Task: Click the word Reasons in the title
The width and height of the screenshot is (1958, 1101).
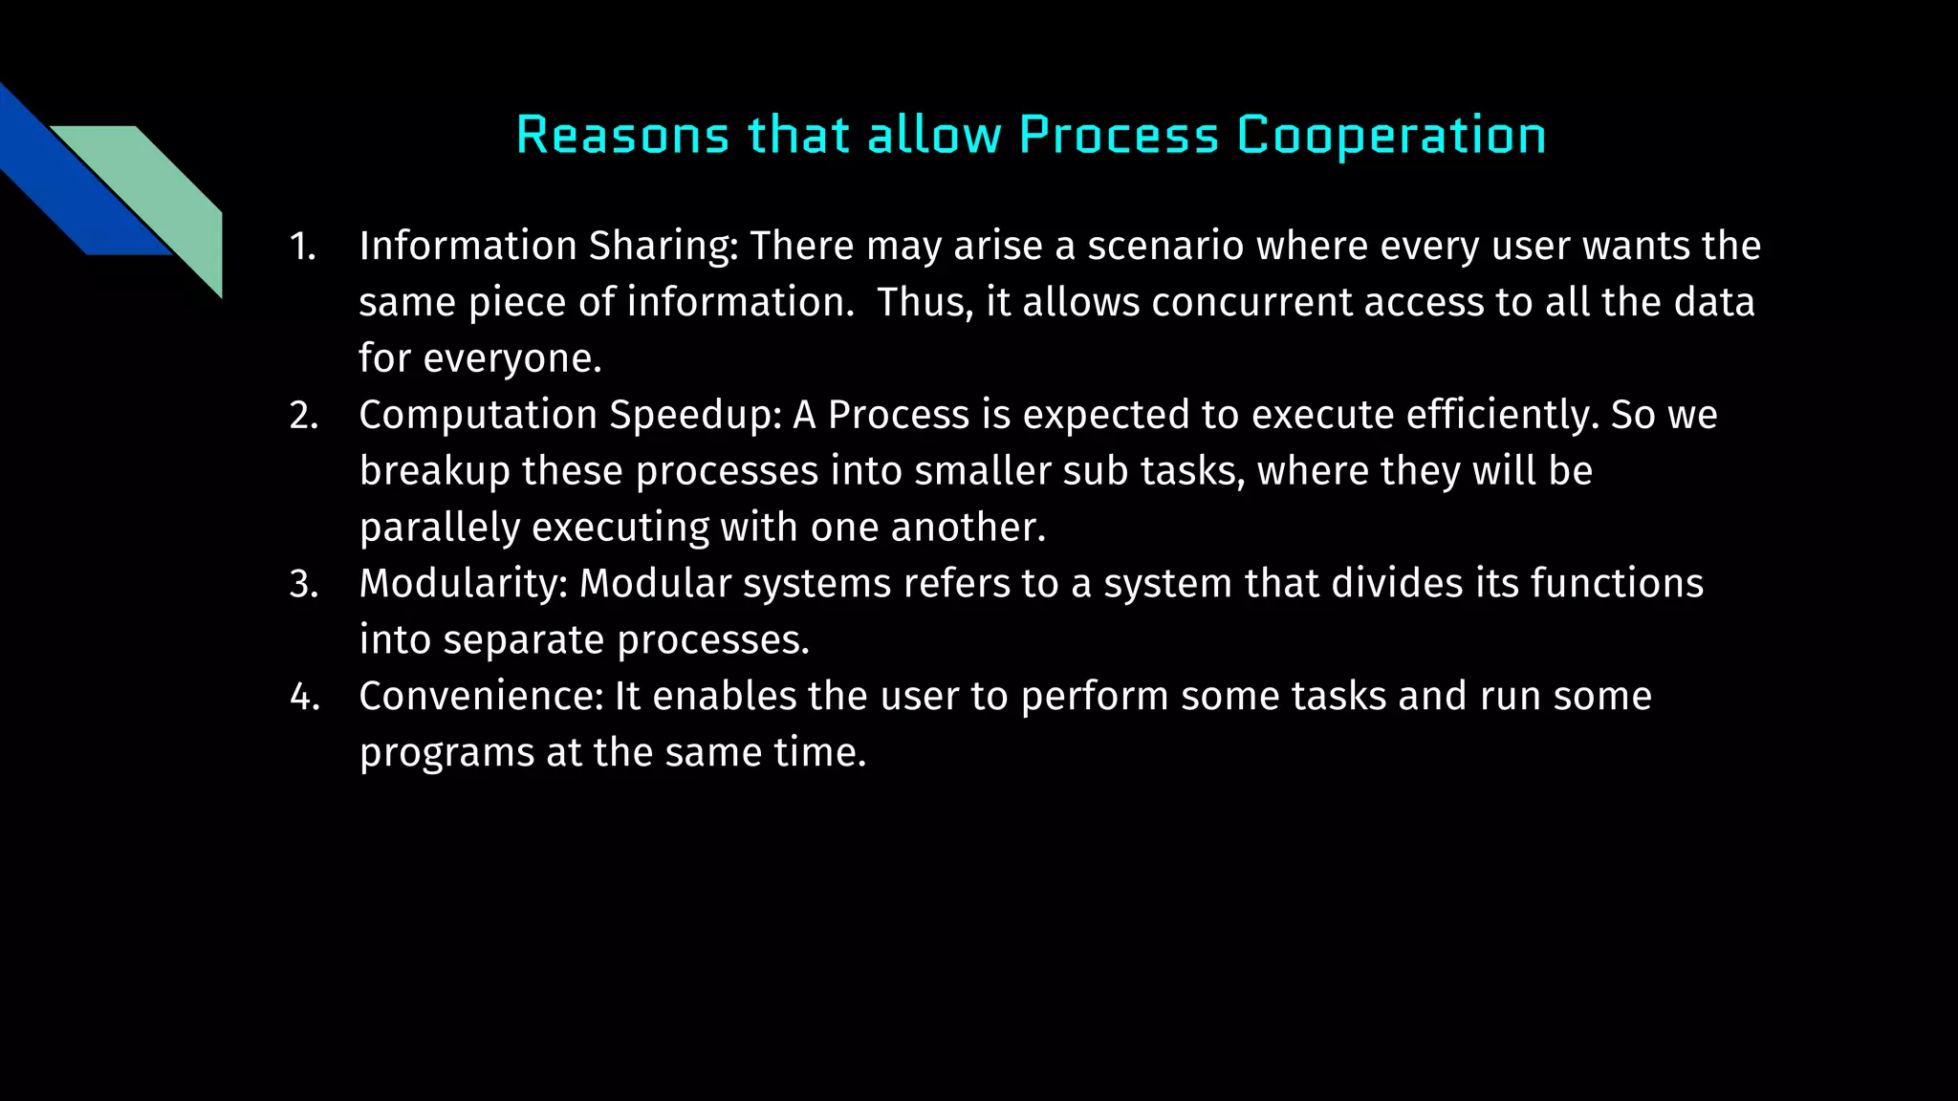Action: pyautogui.click(x=622, y=135)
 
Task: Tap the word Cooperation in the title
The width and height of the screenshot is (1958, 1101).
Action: pyautogui.click(x=1391, y=135)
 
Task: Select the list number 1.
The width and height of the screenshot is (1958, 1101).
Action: pyautogui.click(x=302, y=247)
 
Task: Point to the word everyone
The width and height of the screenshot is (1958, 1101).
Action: pyautogui.click(x=512, y=359)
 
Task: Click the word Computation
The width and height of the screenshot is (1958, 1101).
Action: pyautogui.click(x=478, y=416)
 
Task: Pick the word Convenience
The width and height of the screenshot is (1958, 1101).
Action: pyautogui.click(x=481, y=697)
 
